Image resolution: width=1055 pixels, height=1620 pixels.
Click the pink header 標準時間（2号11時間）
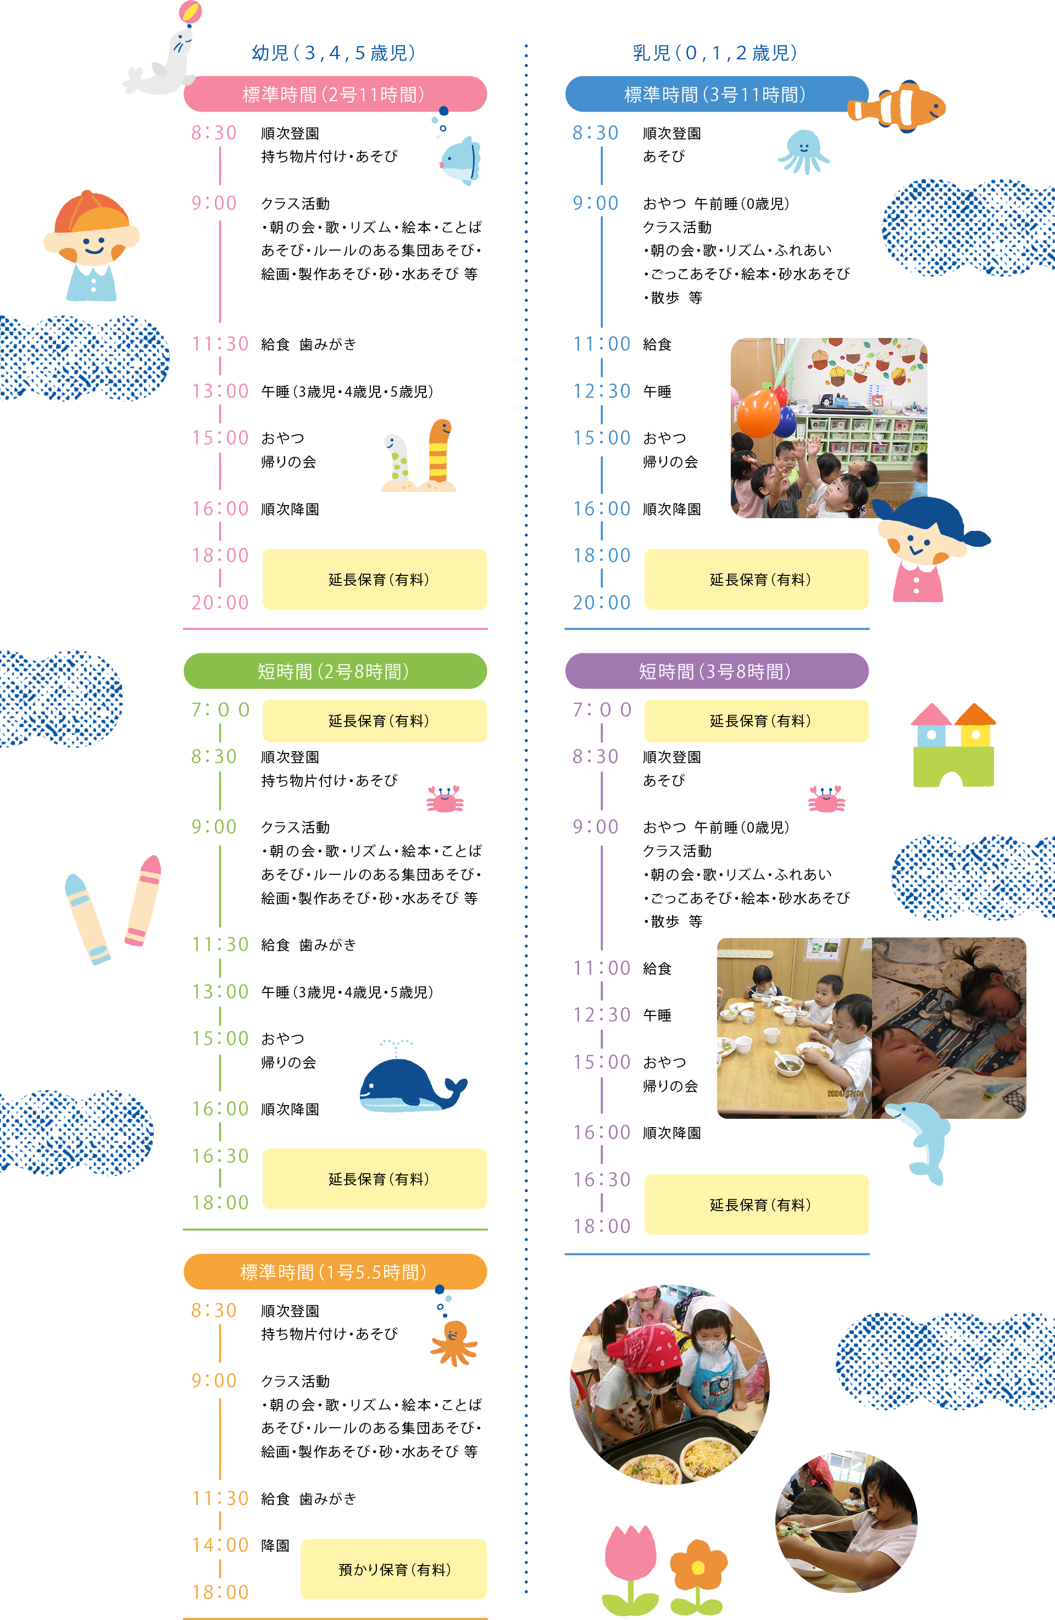point(334,94)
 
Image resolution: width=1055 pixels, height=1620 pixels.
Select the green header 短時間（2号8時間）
point(334,671)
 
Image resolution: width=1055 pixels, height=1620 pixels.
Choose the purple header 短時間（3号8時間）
point(716,671)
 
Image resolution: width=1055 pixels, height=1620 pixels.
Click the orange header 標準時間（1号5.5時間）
point(334,1272)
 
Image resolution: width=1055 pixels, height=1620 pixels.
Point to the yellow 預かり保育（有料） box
point(393,1569)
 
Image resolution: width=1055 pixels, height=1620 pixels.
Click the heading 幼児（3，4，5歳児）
point(334,52)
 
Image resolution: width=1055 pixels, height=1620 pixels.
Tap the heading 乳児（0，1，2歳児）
point(715,52)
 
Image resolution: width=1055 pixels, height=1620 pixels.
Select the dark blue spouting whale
point(408,1082)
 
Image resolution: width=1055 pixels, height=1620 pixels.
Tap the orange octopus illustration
point(454,1342)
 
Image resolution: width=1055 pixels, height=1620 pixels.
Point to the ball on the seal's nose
point(190,12)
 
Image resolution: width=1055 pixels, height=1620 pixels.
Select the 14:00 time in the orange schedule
point(220,1545)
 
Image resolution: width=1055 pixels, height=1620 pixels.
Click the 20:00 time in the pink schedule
point(220,602)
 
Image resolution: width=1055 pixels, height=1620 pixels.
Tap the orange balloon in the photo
point(758,413)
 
